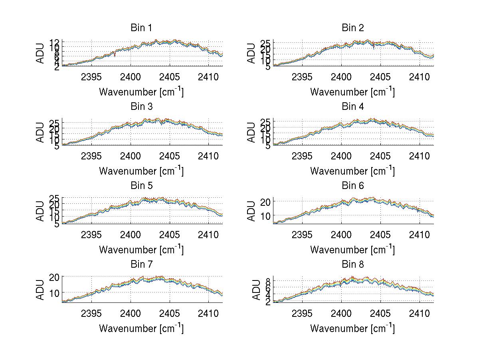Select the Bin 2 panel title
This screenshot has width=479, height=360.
pyautogui.click(x=353, y=28)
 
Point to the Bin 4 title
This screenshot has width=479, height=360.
pyautogui.click(x=353, y=107)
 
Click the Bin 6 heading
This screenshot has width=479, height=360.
pyautogui.click(x=353, y=186)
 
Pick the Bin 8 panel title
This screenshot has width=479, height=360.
pyautogui.click(x=353, y=265)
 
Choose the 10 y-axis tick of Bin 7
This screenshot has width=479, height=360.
pyautogui.click(x=55, y=293)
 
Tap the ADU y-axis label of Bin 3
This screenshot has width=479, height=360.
pyautogui.click(x=40, y=133)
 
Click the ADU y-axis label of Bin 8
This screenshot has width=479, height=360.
pyautogui.click(x=251, y=290)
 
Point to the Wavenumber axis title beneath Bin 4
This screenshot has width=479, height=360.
pyautogui.click(x=353, y=171)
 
